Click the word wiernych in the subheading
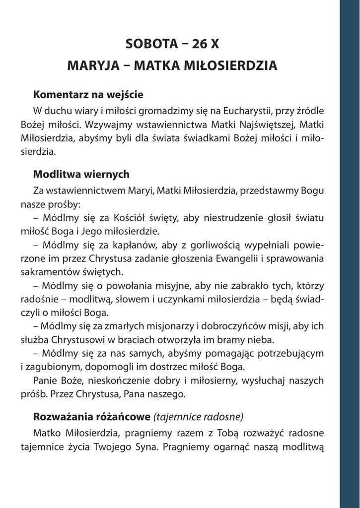pos(106,174)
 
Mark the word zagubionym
pos(53,368)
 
